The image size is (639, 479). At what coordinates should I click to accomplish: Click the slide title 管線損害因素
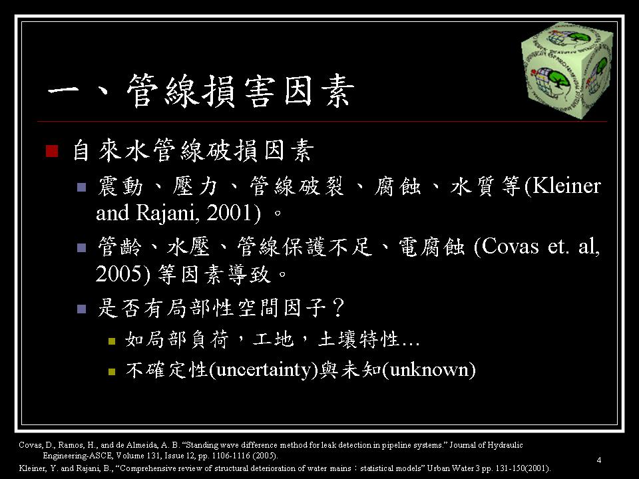[240, 91]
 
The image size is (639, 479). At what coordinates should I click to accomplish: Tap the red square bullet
[52, 151]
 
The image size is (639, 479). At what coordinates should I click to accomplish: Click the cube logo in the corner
[567, 70]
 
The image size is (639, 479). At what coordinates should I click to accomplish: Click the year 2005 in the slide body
[119, 273]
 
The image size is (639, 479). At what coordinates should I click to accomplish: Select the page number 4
[598, 460]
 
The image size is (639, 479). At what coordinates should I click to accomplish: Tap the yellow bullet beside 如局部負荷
[112, 341]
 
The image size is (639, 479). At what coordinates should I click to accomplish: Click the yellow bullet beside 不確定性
[112, 371]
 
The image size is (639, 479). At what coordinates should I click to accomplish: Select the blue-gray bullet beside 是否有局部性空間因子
[81, 309]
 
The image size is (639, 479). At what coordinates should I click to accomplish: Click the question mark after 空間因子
[338, 307]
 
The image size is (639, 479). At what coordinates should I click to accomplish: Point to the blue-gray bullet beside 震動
[81, 188]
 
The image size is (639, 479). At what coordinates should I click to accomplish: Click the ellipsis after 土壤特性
[411, 344]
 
